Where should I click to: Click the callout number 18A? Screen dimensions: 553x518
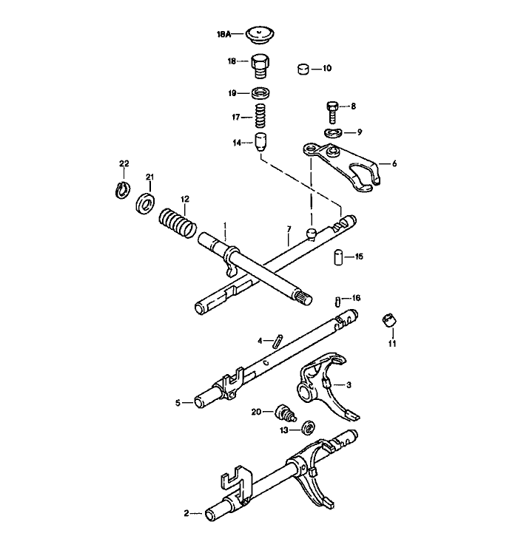point(224,34)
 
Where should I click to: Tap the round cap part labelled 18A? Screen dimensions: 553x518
point(259,33)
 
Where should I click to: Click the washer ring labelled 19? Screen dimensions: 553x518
point(260,93)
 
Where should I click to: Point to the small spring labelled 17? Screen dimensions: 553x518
point(260,116)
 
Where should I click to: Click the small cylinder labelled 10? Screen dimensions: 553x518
point(303,69)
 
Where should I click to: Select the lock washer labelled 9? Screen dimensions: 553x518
point(333,132)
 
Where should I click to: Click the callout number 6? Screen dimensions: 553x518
point(394,163)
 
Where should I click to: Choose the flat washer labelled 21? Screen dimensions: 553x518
point(145,202)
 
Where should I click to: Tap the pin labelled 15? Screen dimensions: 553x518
point(336,258)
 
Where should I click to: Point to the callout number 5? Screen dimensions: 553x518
point(178,403)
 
